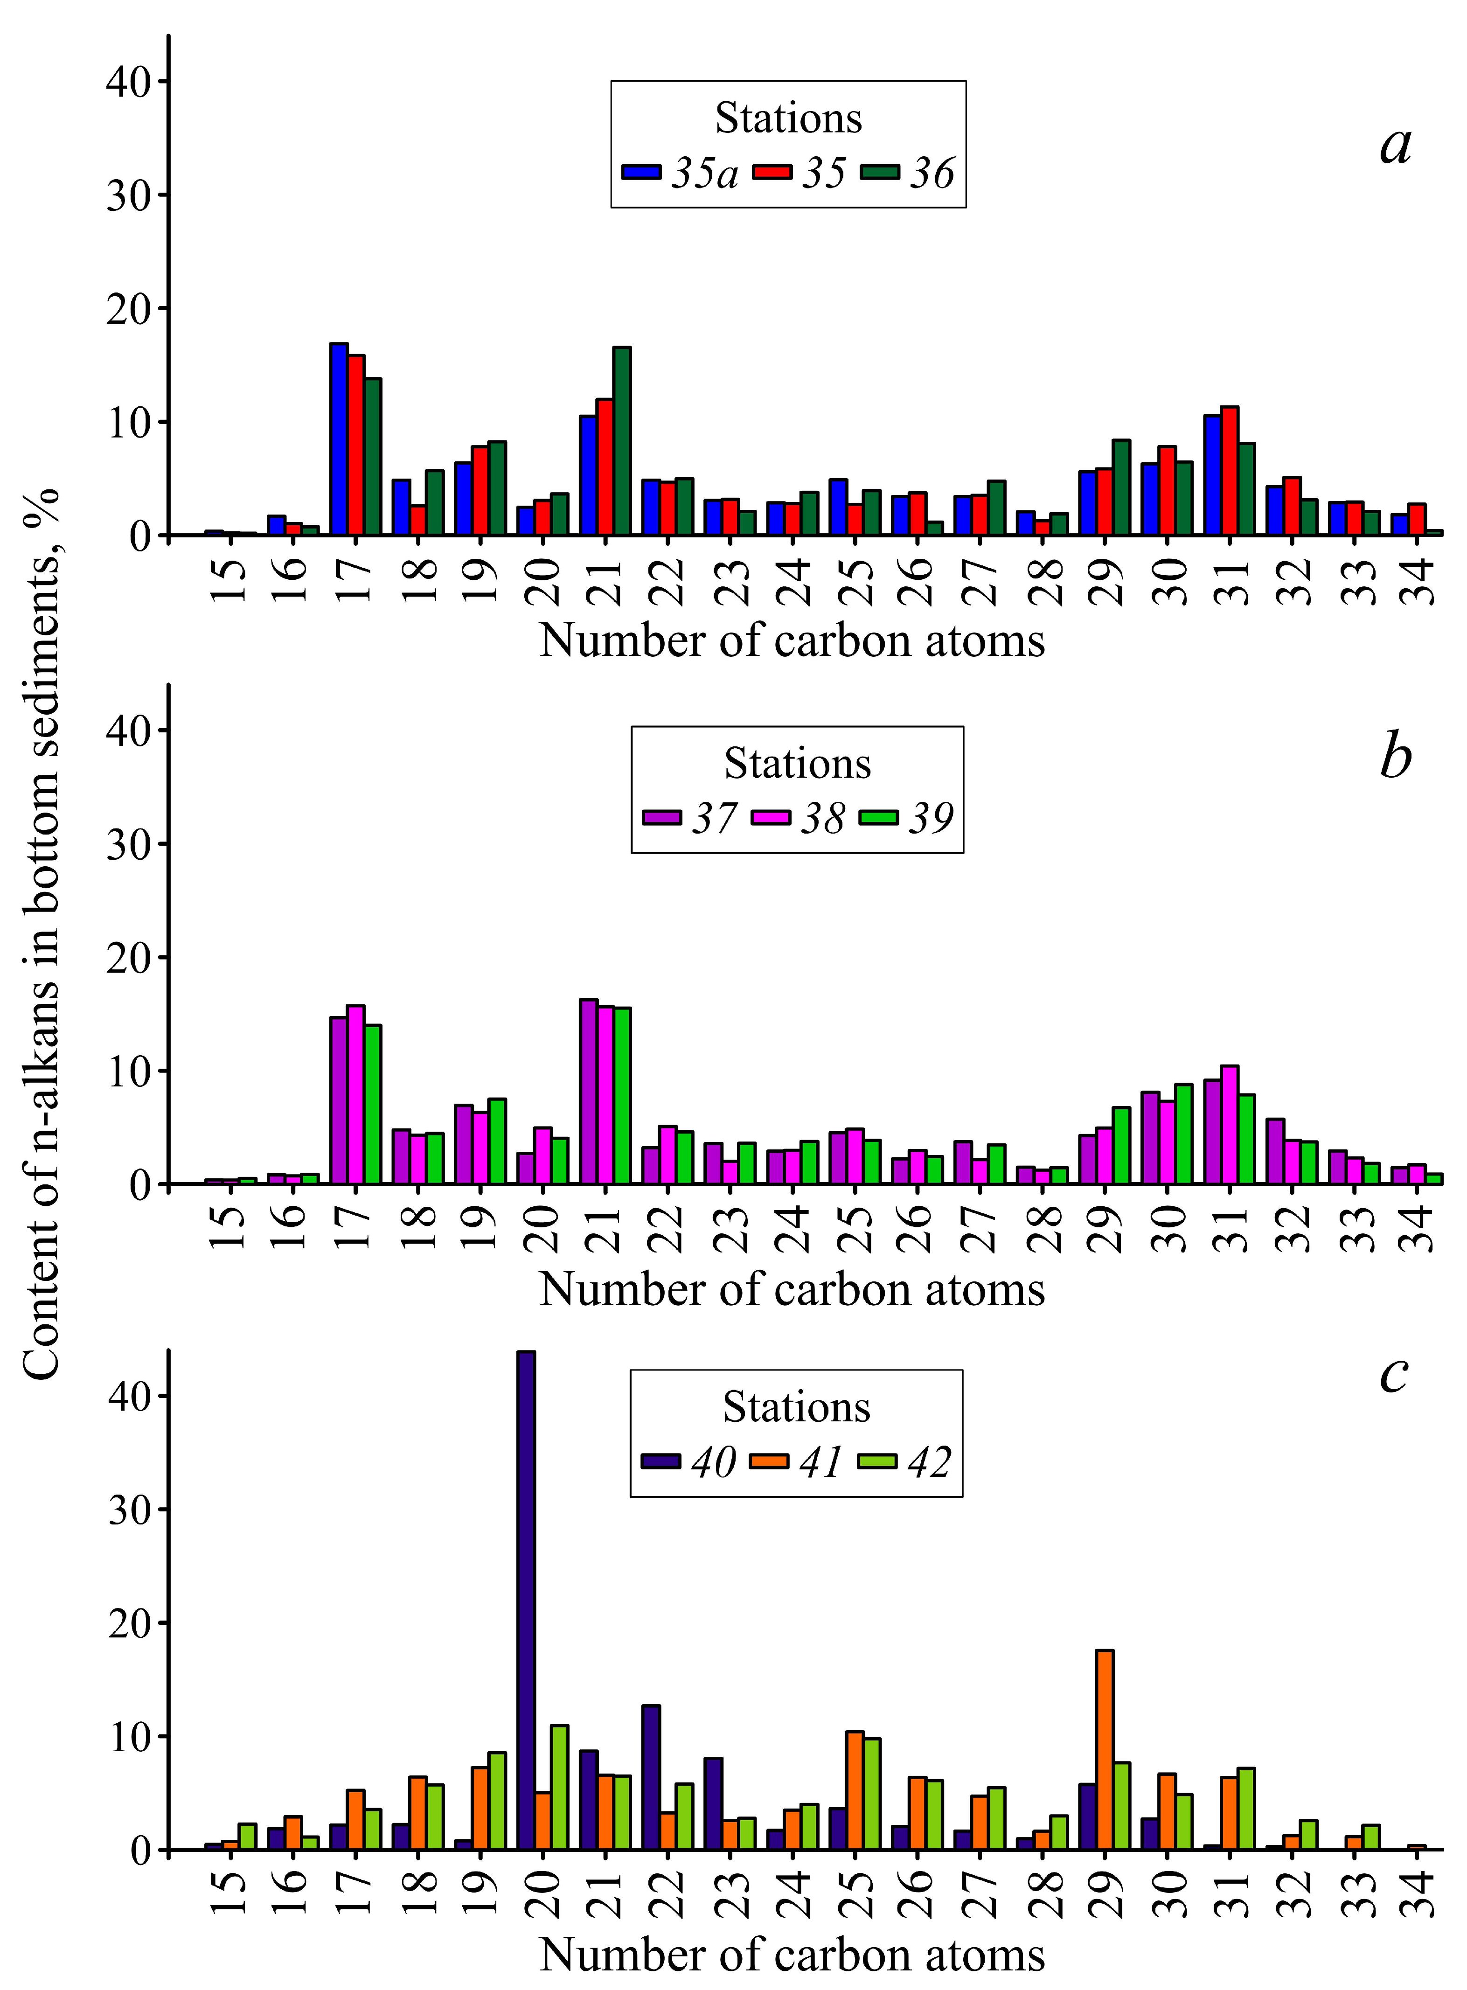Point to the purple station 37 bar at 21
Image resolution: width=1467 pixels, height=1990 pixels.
[x=588, y=1092]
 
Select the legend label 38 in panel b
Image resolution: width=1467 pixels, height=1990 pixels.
[x=822, y=817]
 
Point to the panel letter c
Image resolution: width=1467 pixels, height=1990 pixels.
[x=1393, y=1375]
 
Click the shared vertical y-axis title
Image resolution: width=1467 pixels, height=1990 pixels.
[x=42, y=932]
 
